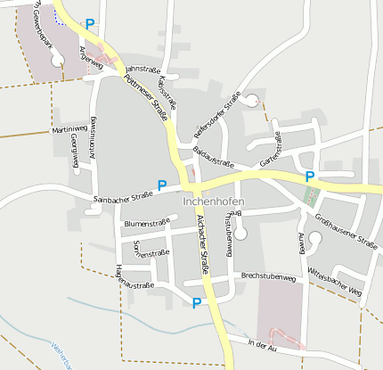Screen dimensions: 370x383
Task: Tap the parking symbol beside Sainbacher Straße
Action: (x=162, y=185)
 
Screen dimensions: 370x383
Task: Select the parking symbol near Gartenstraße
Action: (x=310, y=177)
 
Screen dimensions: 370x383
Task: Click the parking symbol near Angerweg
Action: (x=90, y=24)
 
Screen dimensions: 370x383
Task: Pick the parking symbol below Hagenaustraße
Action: (x=196, y=303)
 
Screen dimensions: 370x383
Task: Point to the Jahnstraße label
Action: (x=142, y=69)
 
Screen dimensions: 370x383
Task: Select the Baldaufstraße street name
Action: (x=213, y=159)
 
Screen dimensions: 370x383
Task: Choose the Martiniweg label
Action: (x=69, y=130)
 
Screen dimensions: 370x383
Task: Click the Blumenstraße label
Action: (x=147, y=223)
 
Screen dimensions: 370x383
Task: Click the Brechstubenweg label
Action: (x=268, y=277)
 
